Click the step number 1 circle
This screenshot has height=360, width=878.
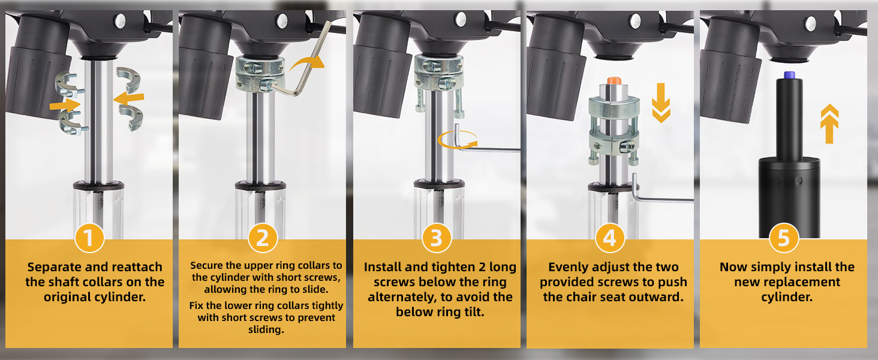(x=89, y=238)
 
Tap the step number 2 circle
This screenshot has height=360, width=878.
(x=263, y=238)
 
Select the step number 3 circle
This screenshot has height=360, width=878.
(x=437, y=238)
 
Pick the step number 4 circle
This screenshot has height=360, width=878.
(x=610, y=238)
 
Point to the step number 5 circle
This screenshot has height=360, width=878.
(x=783, y=238)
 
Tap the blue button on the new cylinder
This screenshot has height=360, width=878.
(x=789, y=75)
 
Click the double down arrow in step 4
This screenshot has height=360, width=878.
(x=661, y=103)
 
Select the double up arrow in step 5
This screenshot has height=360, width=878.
(x=829, y=124)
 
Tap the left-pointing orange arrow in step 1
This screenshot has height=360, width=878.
(x=128, y=98)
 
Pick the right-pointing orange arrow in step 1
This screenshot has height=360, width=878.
(x=65, y=105)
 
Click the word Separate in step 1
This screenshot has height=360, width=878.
(x=54, y=268)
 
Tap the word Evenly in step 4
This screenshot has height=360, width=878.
(x=567, y=268)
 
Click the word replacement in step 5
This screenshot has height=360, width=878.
(x=787, y=282)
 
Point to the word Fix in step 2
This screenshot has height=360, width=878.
(x=196, y=305)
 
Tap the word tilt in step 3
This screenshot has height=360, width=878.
(x=475, y=312)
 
